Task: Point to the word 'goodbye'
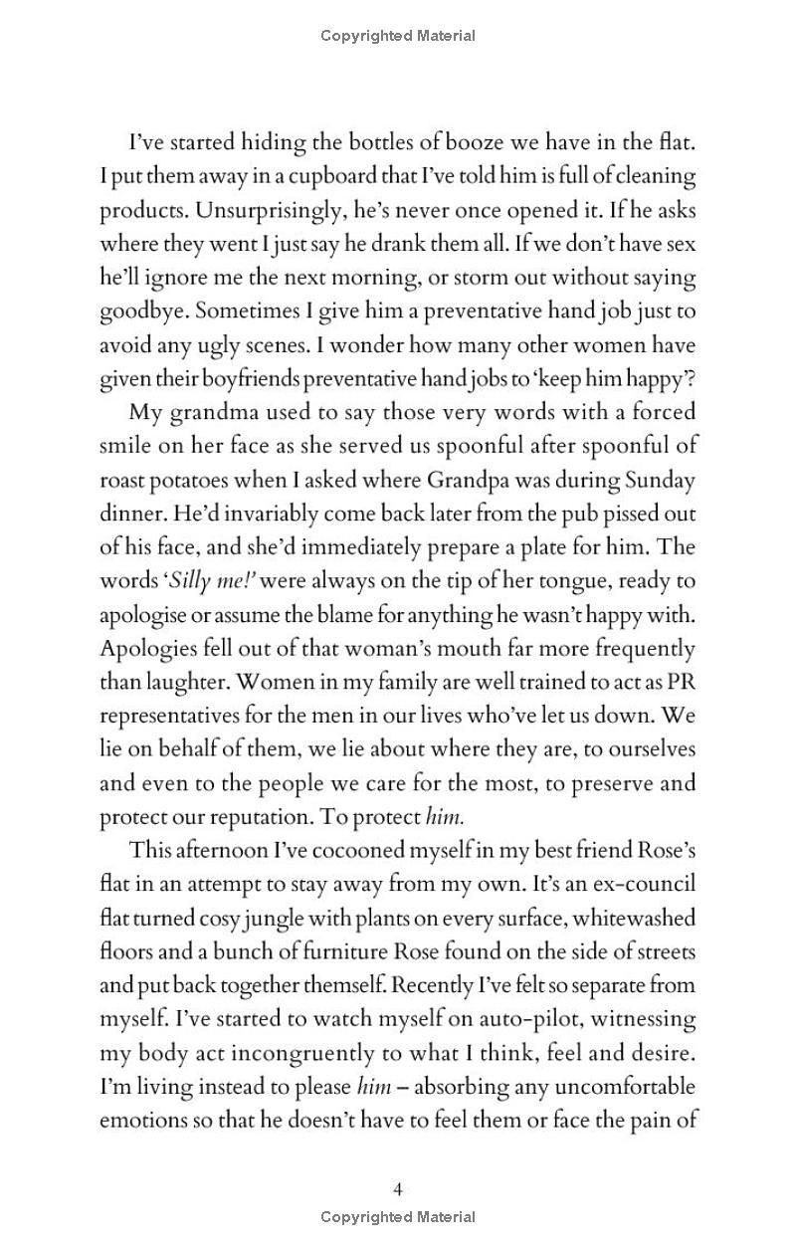pyautogui.click(x=144, y=313)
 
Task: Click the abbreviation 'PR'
pyautogui.click(x=681, y=684)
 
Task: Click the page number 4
pyautogui.click(x=398, y=1188)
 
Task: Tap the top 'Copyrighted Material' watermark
pyautogui.click(x=398, y=36)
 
